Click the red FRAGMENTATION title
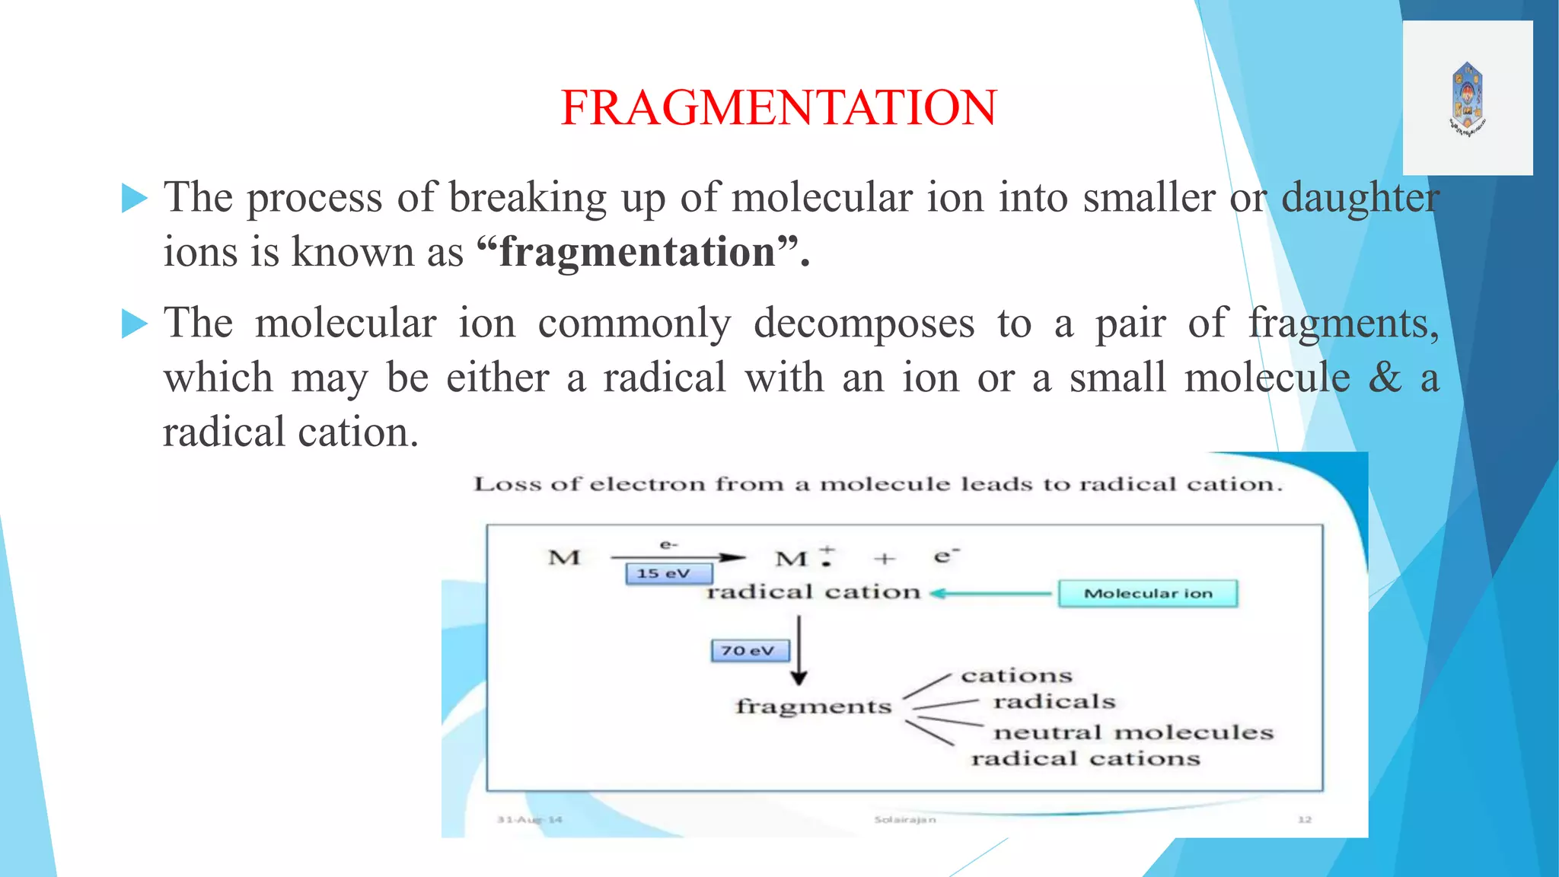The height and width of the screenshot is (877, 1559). coord(778,107)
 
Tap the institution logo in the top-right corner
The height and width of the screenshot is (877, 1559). coord(1468,99)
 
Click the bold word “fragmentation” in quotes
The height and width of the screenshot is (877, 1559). coord(637,252)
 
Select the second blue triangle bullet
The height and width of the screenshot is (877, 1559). coord(135,324)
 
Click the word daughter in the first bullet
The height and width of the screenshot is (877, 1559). coord(1360,198)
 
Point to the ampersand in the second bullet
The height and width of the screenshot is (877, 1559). coord(1385,378)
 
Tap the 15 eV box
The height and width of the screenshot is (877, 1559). coord(668,574)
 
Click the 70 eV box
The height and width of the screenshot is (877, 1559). coord(750,651)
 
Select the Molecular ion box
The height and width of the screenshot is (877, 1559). coord(1148,594)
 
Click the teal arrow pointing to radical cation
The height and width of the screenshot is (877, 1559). coord(990,593)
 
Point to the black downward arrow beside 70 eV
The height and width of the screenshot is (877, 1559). coord(799,651)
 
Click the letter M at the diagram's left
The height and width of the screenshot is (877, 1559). coord(564,558)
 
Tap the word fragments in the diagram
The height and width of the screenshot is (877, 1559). coord(813,707)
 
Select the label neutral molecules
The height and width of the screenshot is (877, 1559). coord(1133,732)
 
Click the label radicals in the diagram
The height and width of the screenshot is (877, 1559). coord(1054,701)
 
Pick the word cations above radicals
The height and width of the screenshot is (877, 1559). coord(1016,675)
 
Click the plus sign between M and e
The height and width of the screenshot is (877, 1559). coord(884,560)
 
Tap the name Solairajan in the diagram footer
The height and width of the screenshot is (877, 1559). coord(904,820)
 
